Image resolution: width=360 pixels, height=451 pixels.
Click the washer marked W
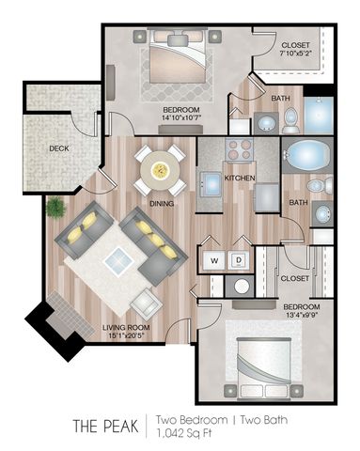(x=214, y=260)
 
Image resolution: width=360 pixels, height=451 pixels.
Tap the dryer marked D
(x=239, y=260)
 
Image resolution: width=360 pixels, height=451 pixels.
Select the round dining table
(x=160, y=170)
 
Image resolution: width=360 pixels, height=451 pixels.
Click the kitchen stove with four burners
(x=240, y=149)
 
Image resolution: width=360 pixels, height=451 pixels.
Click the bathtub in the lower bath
(x=307, y=156)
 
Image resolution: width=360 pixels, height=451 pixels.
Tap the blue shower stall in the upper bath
(x=319, y=116)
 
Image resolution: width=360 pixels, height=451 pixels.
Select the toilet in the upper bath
(x=290, y=121)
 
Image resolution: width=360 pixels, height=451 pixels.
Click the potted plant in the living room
(x=55, y=207)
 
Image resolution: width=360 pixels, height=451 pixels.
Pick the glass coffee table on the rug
(x=119, y=261)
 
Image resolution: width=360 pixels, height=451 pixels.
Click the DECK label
(x=59, y=148)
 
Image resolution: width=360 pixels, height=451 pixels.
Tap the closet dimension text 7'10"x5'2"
(x=294, y=54)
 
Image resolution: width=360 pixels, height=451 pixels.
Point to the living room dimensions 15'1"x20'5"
(x=126, y=335)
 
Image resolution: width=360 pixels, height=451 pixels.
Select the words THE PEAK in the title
(x=106, y=426)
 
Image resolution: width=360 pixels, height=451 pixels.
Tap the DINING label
(x=162, y=204)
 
